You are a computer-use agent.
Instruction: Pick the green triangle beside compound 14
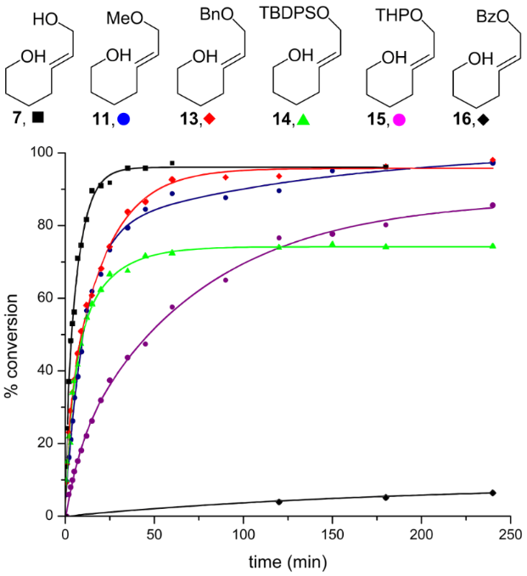[x=304, y=120]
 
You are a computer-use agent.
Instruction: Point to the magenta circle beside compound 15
[x=396, y=120]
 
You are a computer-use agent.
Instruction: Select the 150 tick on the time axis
[x=332, y=533]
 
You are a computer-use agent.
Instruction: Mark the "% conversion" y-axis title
[x=14, y=334]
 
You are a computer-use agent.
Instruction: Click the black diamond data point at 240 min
[x=492, y=493]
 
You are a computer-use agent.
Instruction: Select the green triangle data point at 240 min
[x=492, y=246]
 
